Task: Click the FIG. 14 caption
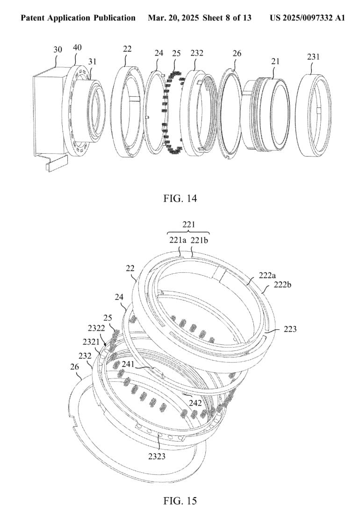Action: (x=180, y=199)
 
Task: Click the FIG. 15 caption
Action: (x=180, y=501)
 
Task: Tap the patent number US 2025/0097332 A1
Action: (x=307, y=18)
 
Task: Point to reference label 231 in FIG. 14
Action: (x=313, y=57)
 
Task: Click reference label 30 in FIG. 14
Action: (x=58, y=50)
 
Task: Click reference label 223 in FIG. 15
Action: (x=290, y=329)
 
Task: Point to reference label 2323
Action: (x=157, y=456)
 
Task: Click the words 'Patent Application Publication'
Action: (x=78, y=18)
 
